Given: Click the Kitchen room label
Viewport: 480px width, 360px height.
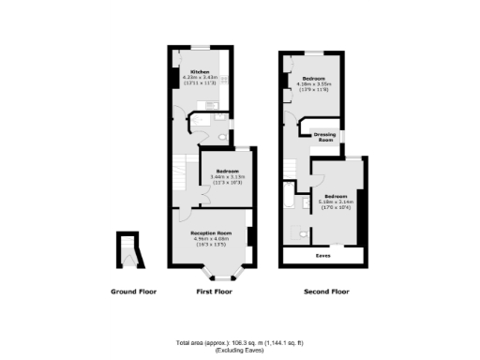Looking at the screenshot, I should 199,72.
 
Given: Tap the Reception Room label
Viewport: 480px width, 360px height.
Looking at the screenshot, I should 211,232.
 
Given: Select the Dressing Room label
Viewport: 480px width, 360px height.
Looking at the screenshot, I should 324,137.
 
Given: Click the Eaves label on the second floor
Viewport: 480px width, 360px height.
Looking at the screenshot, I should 323,254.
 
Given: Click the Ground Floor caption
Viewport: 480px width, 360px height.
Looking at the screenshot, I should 133,292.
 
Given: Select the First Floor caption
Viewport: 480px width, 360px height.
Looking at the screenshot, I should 214,292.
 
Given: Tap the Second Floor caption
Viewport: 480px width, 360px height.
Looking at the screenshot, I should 326,292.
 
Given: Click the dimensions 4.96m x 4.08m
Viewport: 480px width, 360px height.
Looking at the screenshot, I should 211,238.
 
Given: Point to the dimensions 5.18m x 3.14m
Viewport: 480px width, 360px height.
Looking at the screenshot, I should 334,201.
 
